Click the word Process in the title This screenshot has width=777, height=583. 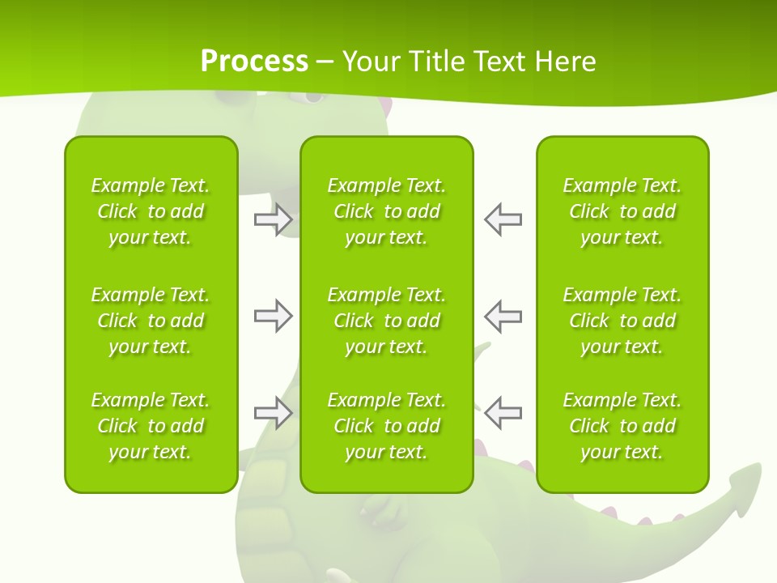(x=254, y=62)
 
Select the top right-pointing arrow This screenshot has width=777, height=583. (x=273, y=219)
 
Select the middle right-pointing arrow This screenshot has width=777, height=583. (x=273, y=316)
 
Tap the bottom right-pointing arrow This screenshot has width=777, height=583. (x=273, y=413)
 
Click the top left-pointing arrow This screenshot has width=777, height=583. (x=503, y=219)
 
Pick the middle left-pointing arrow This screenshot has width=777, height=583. (x=503, y=316)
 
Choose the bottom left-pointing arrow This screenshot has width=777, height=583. (x=503, y=413)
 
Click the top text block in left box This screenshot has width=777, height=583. (x=151, y=211)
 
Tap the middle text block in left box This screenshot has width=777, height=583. (x=151, y=321)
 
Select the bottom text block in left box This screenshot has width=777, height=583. (x=151, y=426)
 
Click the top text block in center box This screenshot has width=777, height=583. (x=386, y=211)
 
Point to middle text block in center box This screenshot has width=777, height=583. (x=386, y=321)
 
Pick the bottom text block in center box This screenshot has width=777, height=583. (x=386, y=426)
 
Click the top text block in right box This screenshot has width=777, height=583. (x=622, y=211)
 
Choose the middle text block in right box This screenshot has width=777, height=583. (x=622, y=321)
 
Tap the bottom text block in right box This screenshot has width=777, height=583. (x=622, y=426)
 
